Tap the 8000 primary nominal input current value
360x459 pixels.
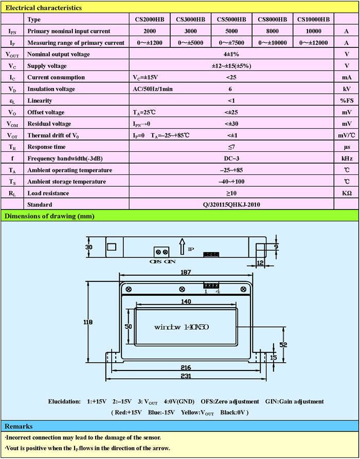tap(273, 31)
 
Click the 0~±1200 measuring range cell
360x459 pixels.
tap(149, 43)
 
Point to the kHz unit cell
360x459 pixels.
tap(347, 158)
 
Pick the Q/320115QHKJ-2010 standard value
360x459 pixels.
tap(231, 204)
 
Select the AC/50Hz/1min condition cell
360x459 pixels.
tap(152, 89)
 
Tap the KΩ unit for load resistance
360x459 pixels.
tap(347, 193)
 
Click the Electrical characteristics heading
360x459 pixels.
tap(43, 8)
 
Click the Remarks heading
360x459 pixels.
tap(19, 426)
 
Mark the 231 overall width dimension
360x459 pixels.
tap(186, 376)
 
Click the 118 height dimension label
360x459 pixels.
tap(88, 322)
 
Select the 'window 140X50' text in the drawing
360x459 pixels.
tap(181, 327)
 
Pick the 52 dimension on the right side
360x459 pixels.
tap(283, 344)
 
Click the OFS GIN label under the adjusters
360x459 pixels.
tap(163, 261)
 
